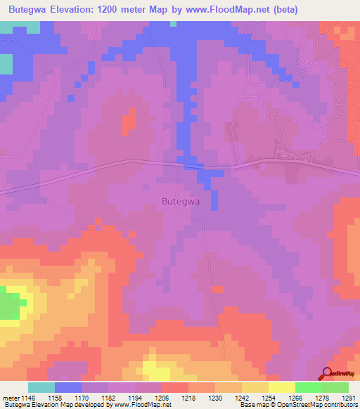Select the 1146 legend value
click(x=31, y=398)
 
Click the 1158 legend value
click(x=67, y=398)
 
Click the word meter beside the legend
click(x=11, y=398)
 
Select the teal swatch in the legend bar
click(x=41, y=387)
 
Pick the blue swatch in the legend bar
click(x=68, y=387)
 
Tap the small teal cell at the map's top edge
click(x=173, y=24)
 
